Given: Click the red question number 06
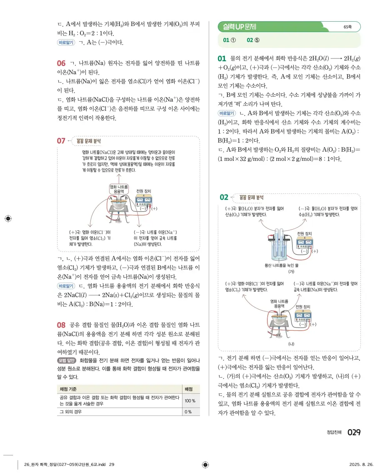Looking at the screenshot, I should [x=61, y=64].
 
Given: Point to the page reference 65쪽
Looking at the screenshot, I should [x=348, y=27].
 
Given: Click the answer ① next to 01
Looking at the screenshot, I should [x=230, y=40].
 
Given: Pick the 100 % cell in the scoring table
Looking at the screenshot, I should [x=190, y=401].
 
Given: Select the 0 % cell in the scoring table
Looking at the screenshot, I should [x=188, y=412].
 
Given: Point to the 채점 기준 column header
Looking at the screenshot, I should [x=70, y=389].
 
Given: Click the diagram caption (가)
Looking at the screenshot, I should [x=292, y=271].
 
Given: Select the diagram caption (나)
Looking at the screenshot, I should [x=292, y=344].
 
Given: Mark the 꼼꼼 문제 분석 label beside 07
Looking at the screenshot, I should [x=88, y=141].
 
